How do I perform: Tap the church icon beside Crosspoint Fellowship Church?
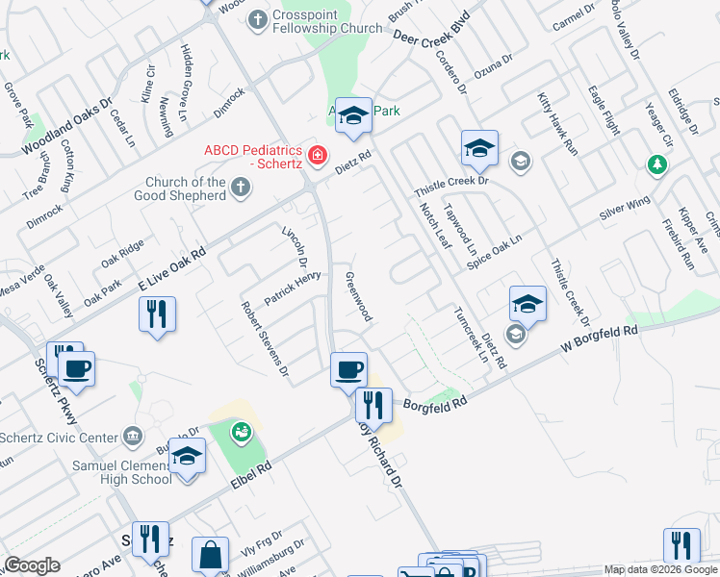click(258, 18)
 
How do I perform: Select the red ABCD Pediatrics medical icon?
click(317, 154)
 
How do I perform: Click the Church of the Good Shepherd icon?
click(241, 190)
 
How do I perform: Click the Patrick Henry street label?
click(293, 289)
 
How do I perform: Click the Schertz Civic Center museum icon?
click(133, 438)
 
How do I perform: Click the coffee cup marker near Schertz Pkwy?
click(76, 368)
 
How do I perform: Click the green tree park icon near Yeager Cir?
click(657, 165)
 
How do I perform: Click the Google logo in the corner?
click(32, 565)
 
